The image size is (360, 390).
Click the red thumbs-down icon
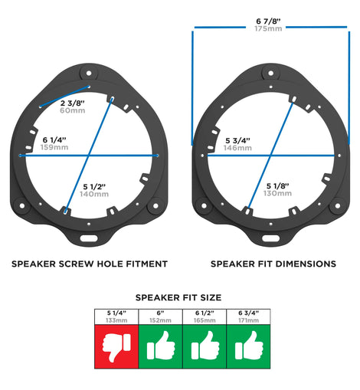coord(116,347)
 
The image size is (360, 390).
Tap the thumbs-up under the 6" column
coord(161,346)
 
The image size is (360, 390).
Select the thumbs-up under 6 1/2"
coord(205,346)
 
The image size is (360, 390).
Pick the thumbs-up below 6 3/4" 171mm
coord(249,346)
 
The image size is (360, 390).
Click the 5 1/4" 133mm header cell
coord(116,316)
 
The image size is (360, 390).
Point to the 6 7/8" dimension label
coord(268,21)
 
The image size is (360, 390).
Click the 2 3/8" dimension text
coord(73,103)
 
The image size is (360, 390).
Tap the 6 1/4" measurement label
coord(54,140)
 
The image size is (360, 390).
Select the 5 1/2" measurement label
coord(94,187)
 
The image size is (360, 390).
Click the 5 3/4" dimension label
coord(237,140)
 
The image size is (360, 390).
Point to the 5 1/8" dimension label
coord(278,186)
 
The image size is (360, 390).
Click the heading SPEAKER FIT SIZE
coord(178,297)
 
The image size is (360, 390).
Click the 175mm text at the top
coord(268,28)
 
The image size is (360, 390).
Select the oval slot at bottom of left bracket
coord(89,238)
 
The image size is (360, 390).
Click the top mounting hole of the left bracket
coord(89,74)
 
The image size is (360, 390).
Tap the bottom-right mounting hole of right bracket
coord(338,205)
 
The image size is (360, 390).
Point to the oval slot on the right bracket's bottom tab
coord(270,238)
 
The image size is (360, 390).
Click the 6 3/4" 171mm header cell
coord(248,316)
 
